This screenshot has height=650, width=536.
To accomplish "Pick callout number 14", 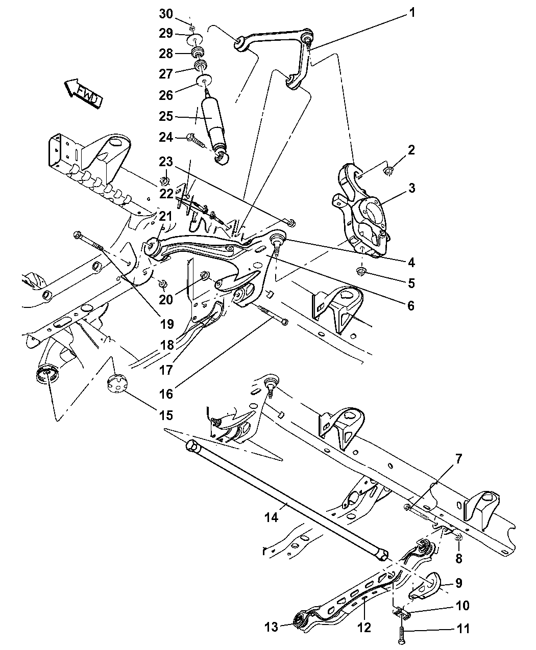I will (x=272, y=517).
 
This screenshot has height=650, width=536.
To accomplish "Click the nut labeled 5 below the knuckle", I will (x=361, y=271).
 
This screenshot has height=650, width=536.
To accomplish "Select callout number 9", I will (x=458, y=582).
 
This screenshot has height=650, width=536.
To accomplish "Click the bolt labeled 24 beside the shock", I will (x=197, y=139).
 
